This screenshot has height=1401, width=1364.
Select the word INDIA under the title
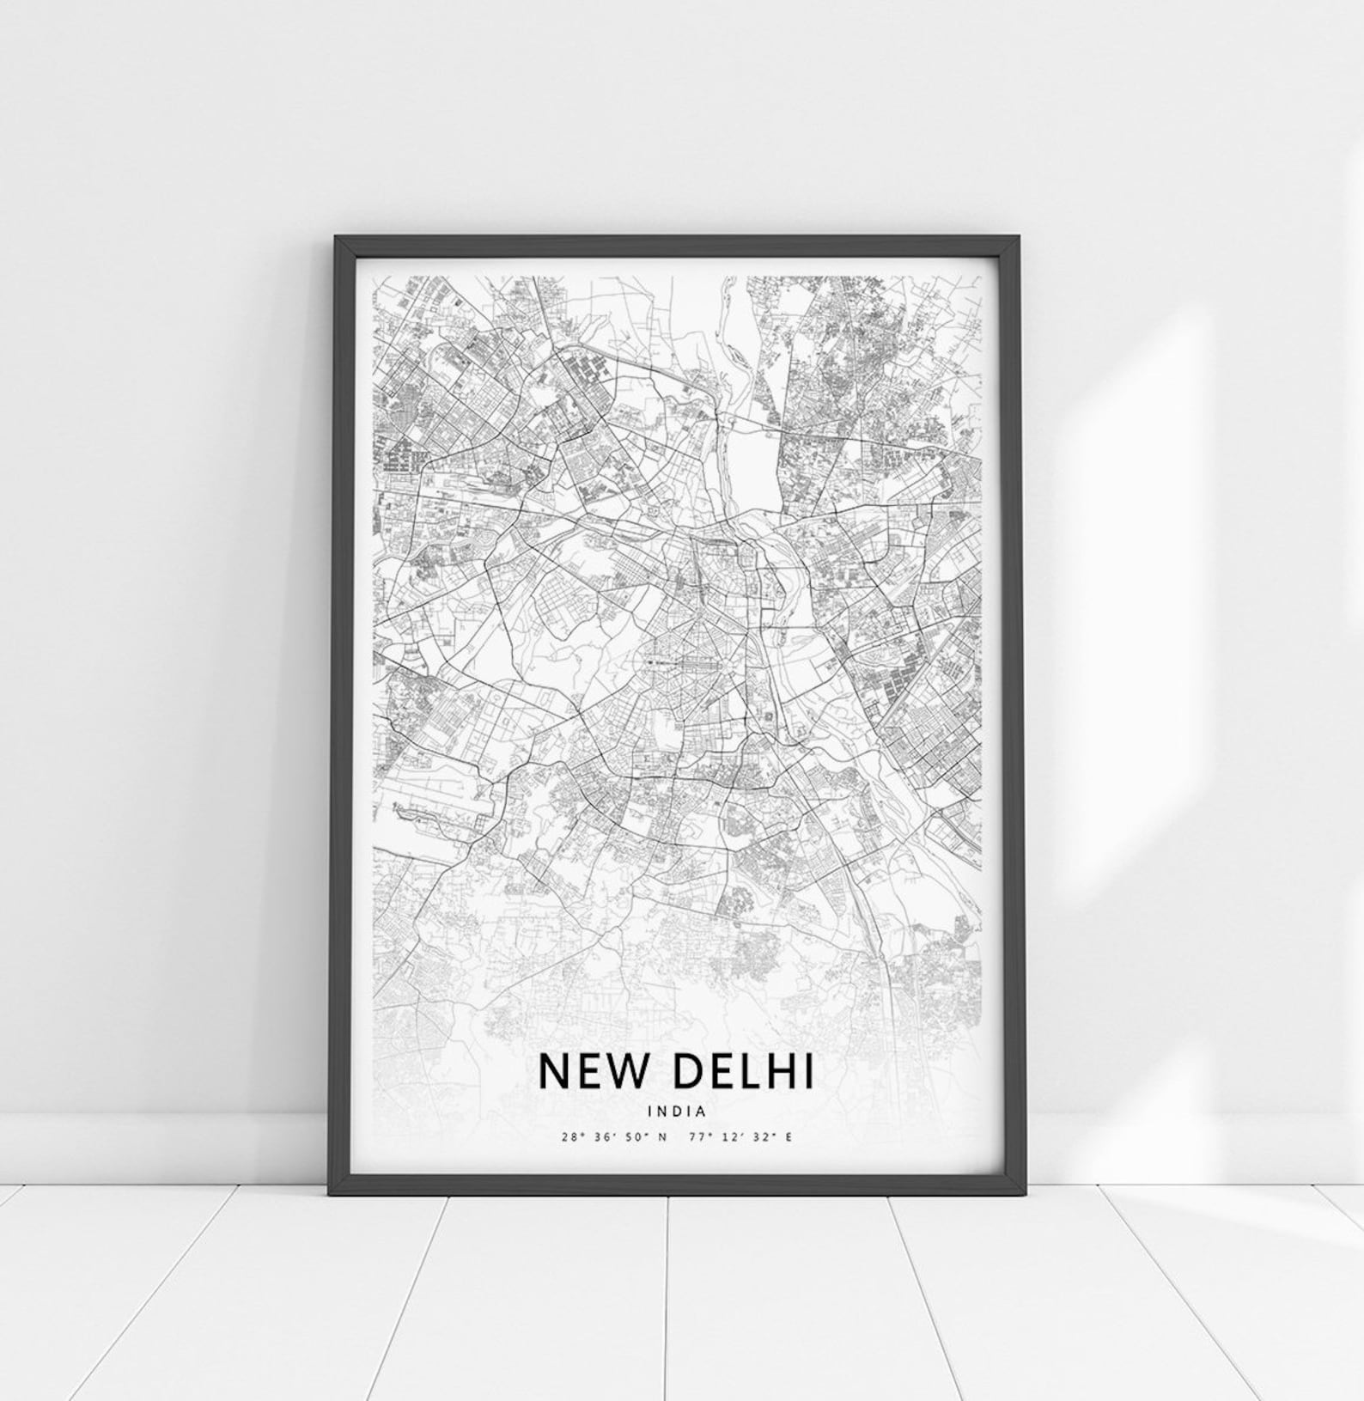click(x=678, y=1110)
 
